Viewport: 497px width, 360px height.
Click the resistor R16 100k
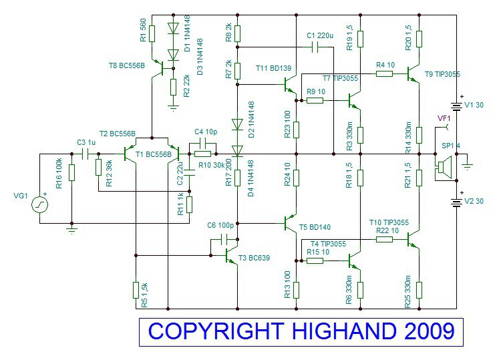pos(71,172)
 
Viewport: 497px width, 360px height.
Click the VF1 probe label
pos(444,118)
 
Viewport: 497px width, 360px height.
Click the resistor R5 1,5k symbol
pos(136,290)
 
